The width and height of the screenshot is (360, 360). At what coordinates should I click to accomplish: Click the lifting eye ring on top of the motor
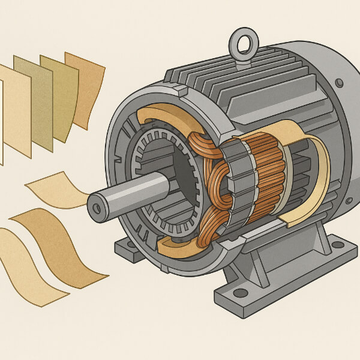244,43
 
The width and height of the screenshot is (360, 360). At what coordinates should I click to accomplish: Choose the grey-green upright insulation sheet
33,102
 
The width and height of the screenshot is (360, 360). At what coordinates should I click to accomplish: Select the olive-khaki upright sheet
60,96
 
